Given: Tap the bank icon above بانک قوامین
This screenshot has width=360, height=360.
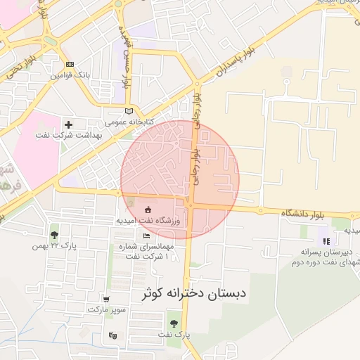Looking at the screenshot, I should [x=68, y=64].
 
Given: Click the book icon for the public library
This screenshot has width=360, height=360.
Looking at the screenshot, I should [x=128, y=110].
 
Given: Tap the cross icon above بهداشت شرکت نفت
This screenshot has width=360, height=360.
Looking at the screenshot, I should [x=68, y=124].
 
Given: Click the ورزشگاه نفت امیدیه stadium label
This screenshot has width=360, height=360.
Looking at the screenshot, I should [x=148, y=220].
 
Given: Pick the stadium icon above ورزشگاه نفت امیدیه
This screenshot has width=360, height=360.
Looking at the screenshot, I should [x=148, y=209].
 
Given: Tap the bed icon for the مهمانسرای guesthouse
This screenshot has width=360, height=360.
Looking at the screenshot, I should [x=146, y=236].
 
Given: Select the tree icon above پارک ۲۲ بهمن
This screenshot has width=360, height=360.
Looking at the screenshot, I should [x=54, y=235].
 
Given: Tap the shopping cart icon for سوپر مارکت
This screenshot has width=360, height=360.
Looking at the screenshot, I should [x=106, y=299].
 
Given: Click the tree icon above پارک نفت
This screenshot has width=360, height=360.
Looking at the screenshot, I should [x=174, y=323].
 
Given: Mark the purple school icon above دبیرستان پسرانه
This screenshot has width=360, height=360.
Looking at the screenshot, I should [x=324, y=231].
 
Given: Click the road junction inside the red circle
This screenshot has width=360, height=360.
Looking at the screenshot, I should [x=190, y=205].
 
